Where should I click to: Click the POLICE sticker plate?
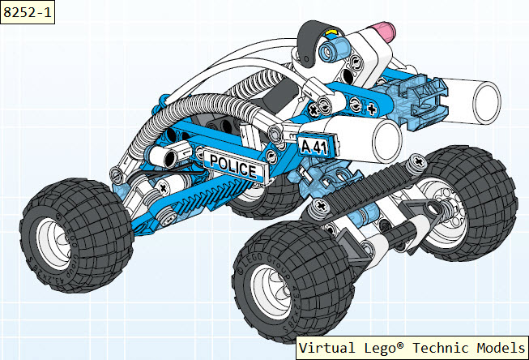tap(234, 166)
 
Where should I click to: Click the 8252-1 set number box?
tap(28, 12)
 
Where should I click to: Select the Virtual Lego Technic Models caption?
tap(412, 348)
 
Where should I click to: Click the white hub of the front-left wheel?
tap(54, 242)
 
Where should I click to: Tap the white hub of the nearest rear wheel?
tap(271, 291)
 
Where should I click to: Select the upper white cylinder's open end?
tap(487, 102)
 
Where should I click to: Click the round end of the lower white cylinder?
tap(387, 142)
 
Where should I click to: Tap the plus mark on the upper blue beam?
tap(372, 109)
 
